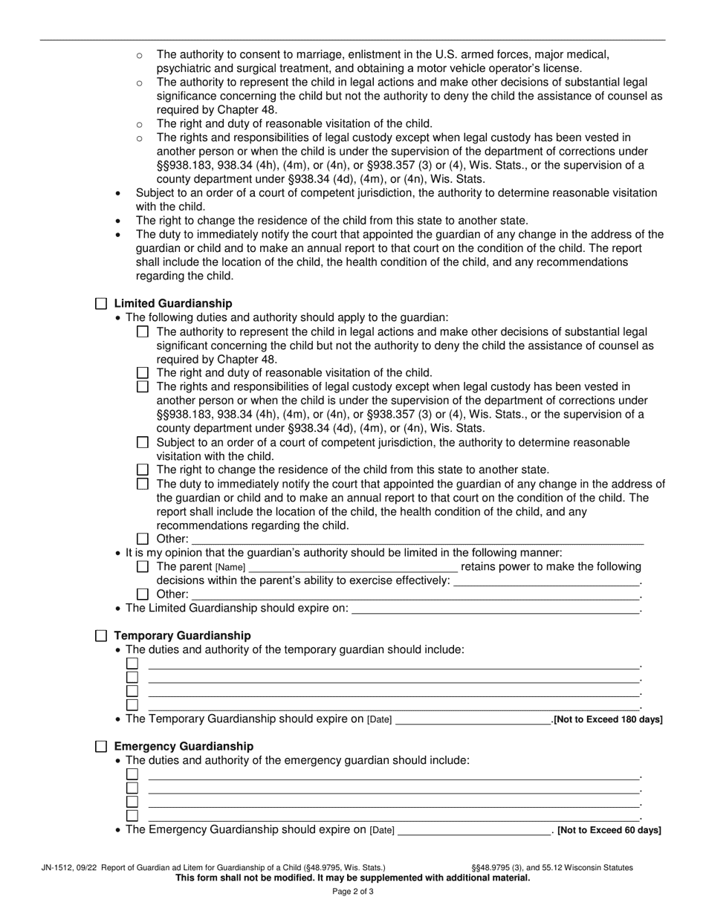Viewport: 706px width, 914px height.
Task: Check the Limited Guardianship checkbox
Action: (x=101, y=304)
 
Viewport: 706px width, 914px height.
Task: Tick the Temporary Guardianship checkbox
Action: (x=101, y=636)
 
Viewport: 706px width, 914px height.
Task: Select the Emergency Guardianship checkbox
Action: (x=101, y=747)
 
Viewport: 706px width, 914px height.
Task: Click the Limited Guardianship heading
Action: (x=172, y=304)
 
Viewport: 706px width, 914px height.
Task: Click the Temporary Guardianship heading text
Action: (x=182, y=636)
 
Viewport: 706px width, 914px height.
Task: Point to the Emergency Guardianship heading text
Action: (x=184, y=747)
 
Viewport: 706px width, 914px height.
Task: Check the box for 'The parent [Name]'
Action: (x=143, y=567)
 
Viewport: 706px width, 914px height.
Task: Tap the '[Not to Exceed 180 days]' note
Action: (x=609, y=720)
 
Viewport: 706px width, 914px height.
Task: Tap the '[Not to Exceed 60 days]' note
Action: (x=609, y=831)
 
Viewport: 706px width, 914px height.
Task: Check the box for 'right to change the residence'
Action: (x=143, y=470)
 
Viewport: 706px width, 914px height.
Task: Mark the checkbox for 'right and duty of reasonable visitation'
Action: (x=143, y=373)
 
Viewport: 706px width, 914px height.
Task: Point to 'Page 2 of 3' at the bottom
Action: (x=353, y=892)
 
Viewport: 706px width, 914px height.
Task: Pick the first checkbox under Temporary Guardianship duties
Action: (x=132, y=664)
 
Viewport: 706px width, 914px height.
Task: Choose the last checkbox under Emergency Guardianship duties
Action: (x=132, y=816)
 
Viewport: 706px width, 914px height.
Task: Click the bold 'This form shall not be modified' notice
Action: (x=353, y=878)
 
